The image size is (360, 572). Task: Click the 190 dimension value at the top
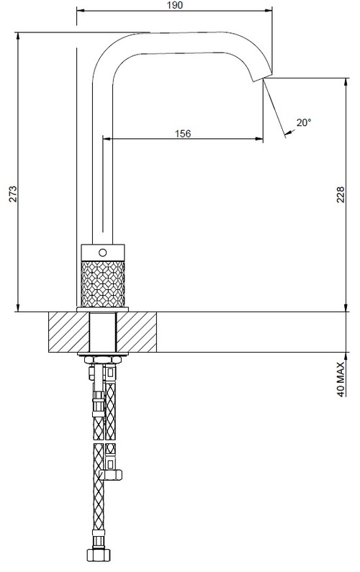click(x=175, y=6)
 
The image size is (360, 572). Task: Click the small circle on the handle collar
click(x=102, y=253)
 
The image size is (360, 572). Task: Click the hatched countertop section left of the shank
click(x=68, y=332)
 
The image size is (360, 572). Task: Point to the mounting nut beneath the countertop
click(x=102, y=359)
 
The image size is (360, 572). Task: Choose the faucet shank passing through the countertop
click(x=102, y=332)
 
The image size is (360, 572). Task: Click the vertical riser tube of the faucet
click(x=102, y=158)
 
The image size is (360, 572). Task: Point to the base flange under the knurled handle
click(x=102, y=309)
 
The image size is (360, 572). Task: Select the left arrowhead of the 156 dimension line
click(x=107, y=139)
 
